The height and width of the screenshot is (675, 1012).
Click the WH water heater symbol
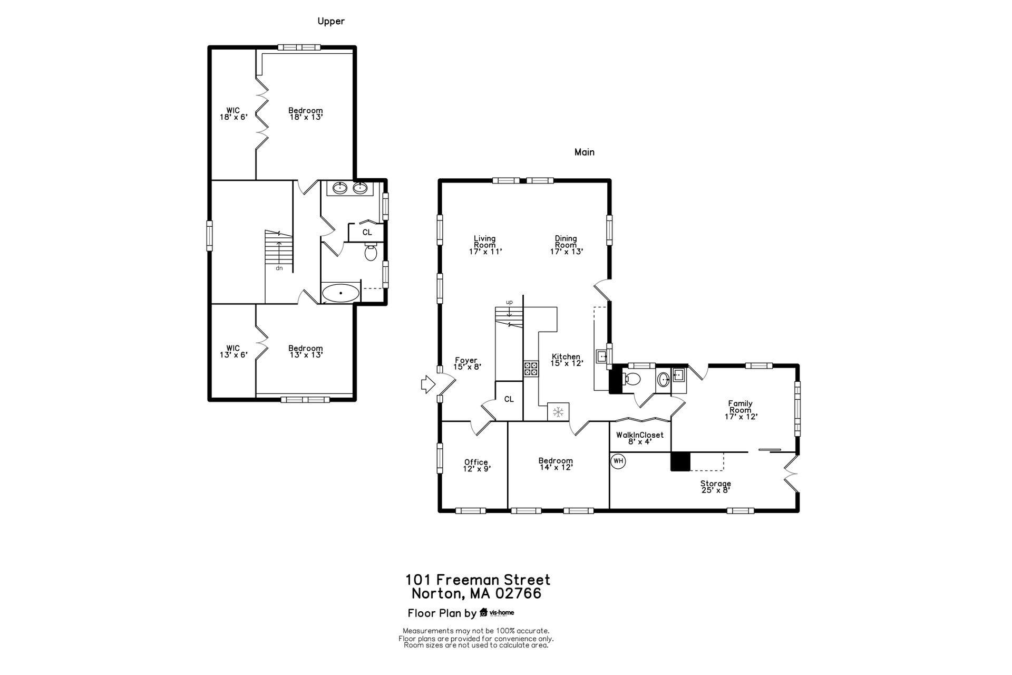[x=618, y=461]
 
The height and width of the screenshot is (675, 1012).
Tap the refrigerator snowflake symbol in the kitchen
[x=558, y=411]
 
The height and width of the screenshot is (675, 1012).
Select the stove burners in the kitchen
[x=531, y=369]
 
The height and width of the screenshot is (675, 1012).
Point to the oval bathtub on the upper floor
[x=341, y=293]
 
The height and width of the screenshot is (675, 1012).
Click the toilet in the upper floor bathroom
[x=371, y=253]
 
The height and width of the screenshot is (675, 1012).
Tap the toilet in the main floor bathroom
[x=631, y=379]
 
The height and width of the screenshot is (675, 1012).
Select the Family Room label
[x=741, y=407]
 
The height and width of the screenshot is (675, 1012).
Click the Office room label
[x=476, y=462]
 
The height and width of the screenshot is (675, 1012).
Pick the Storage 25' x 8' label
[x=715, y=487]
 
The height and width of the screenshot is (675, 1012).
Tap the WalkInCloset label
[x=640, y=435]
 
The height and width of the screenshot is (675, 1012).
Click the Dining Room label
[x=566, y=242]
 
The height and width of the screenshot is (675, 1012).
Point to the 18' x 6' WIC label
[x=233, y=114]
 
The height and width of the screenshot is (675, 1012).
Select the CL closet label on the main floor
[x=509, y=399]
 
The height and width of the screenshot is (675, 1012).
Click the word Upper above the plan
[x=331, y=21]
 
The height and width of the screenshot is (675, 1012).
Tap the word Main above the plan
[x=585, y=152]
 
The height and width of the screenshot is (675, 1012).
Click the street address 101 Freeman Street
[x=478, y=580]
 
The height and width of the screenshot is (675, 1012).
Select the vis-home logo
[x=497, y=613]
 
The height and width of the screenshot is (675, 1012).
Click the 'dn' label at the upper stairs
[x=279, y=268]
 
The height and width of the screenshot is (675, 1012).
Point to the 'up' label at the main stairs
[x=509, y=302]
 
